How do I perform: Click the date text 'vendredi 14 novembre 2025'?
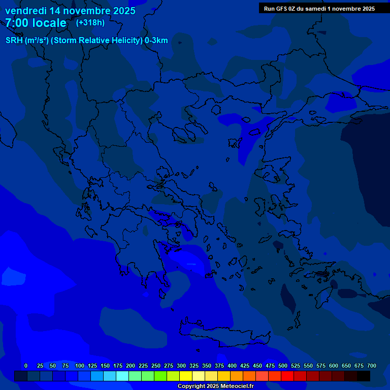click(x=70, y=11)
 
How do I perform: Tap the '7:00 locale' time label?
click(x=36, y=23)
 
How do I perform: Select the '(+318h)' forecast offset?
click(x=90, y=22)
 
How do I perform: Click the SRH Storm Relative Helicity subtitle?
click(x=86, y=41)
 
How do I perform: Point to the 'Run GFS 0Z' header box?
click(x=319, y=8)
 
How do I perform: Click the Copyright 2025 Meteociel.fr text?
click(x=215, y=386)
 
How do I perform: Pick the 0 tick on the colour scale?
click(x=26, y=366)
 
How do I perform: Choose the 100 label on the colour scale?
click(x=80, y=366)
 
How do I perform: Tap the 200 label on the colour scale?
click(x=131, y=366)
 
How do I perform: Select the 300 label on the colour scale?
click(x=181, y=366)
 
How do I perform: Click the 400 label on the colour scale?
click(x=232, y=366)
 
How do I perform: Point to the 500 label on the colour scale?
click(x=283, y=366)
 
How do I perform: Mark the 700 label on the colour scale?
click(x=372, y=366)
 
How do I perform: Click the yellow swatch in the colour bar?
click(x=186, y=376)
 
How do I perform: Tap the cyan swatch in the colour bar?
click(x=122, y=376)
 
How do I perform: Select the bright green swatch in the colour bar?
click(x=160, y=376)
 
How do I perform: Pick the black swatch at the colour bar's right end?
click(x=364, y=376)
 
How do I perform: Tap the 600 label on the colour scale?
click(x=334, y=366)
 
